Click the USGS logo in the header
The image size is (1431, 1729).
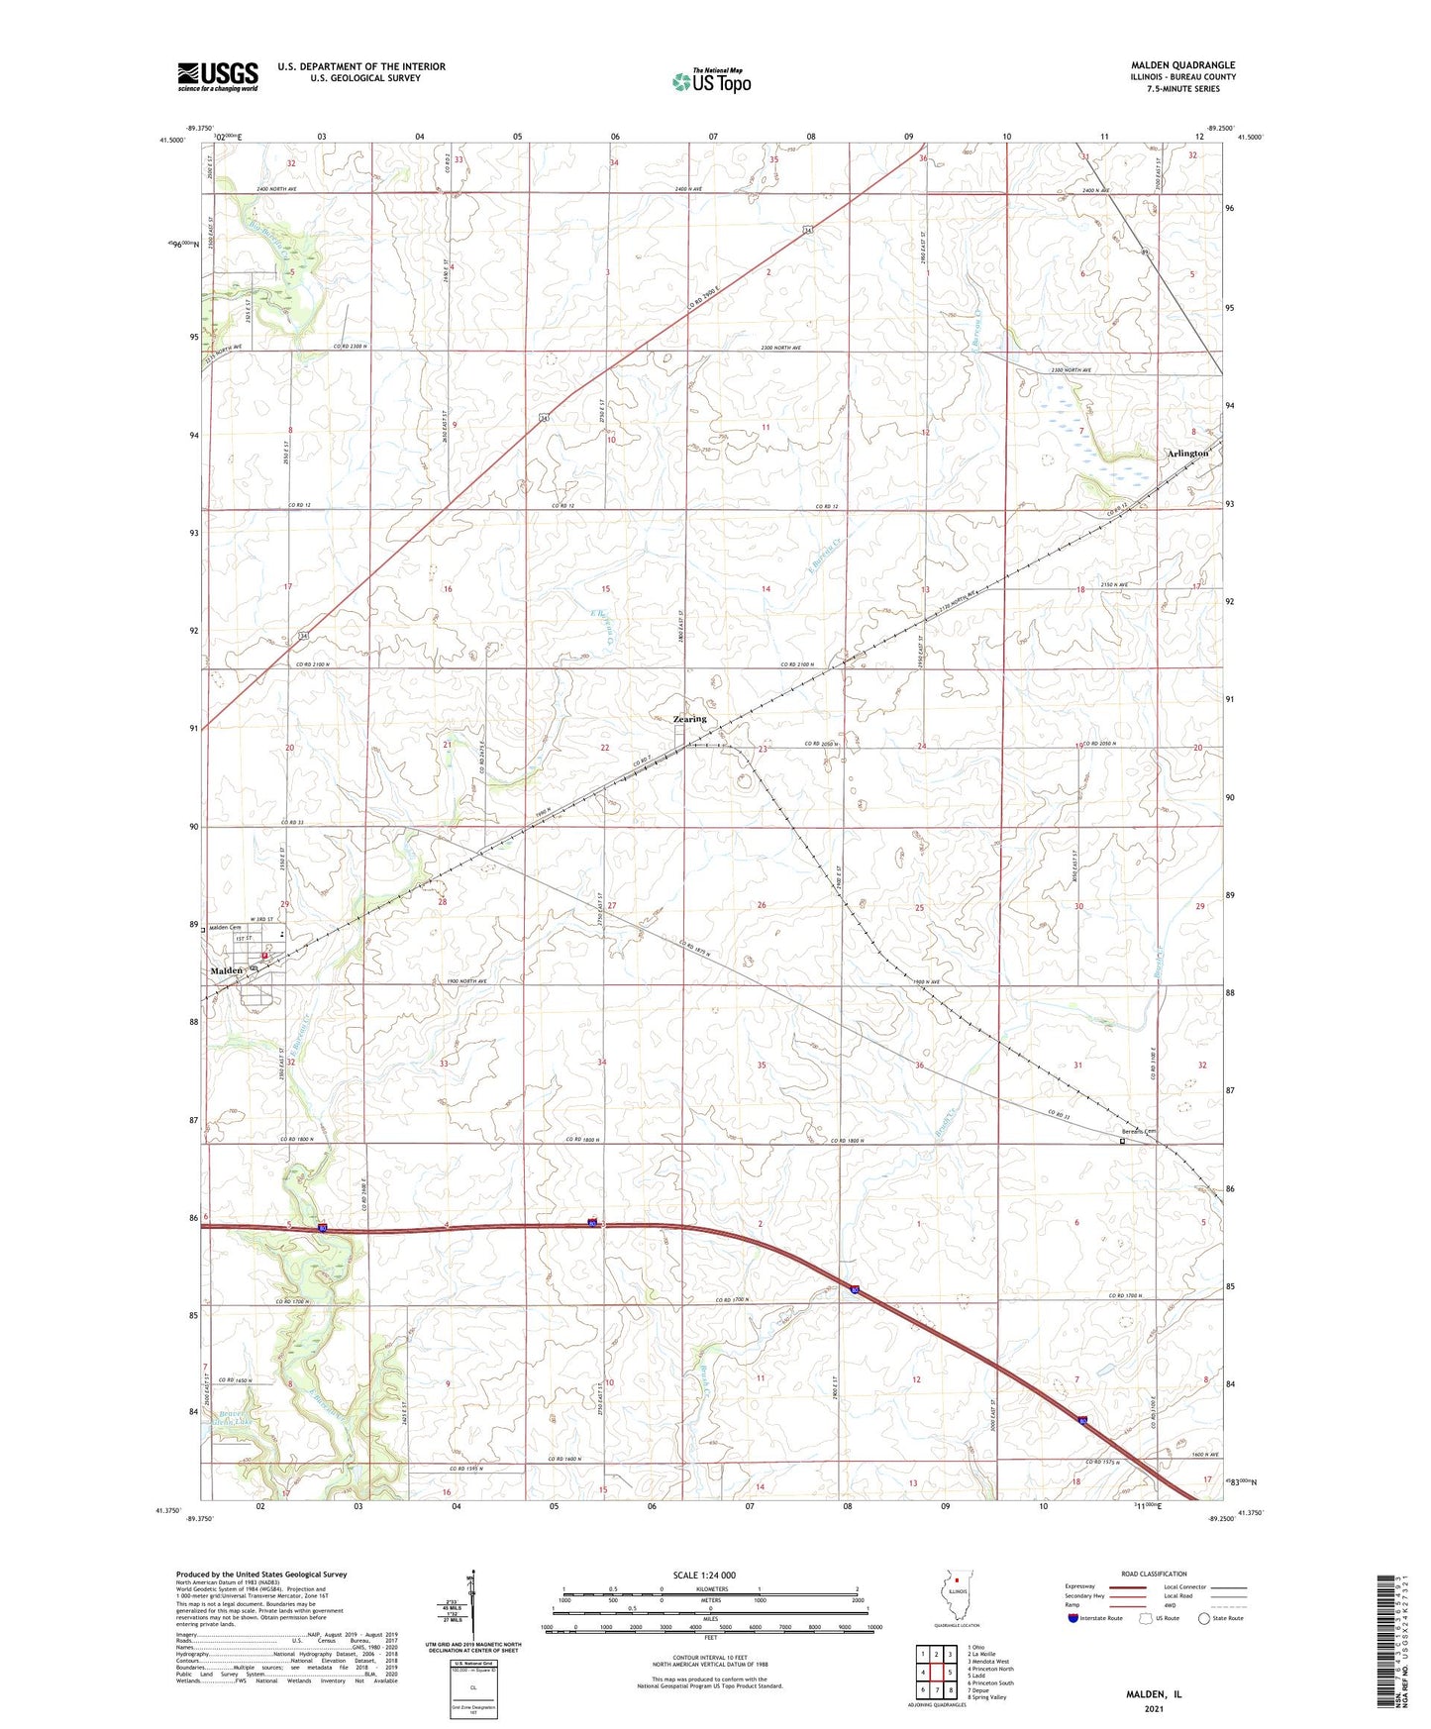point(218,76)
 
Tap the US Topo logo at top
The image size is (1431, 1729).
point(711,81)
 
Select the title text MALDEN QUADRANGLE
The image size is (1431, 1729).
point(1182,65)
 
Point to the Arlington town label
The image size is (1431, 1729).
point(1187,454)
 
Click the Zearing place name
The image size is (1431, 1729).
point(690,719)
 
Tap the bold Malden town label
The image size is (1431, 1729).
point(226,970)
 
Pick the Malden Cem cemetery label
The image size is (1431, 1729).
point(225,928)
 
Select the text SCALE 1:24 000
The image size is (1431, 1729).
point(704,1576)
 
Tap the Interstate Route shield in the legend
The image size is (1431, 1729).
point(1073,1618)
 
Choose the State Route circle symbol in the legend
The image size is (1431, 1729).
point(1204,1618)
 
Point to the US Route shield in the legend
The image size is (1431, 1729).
point(1148,1618)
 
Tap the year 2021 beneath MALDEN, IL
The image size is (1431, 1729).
point(1153,1709)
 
